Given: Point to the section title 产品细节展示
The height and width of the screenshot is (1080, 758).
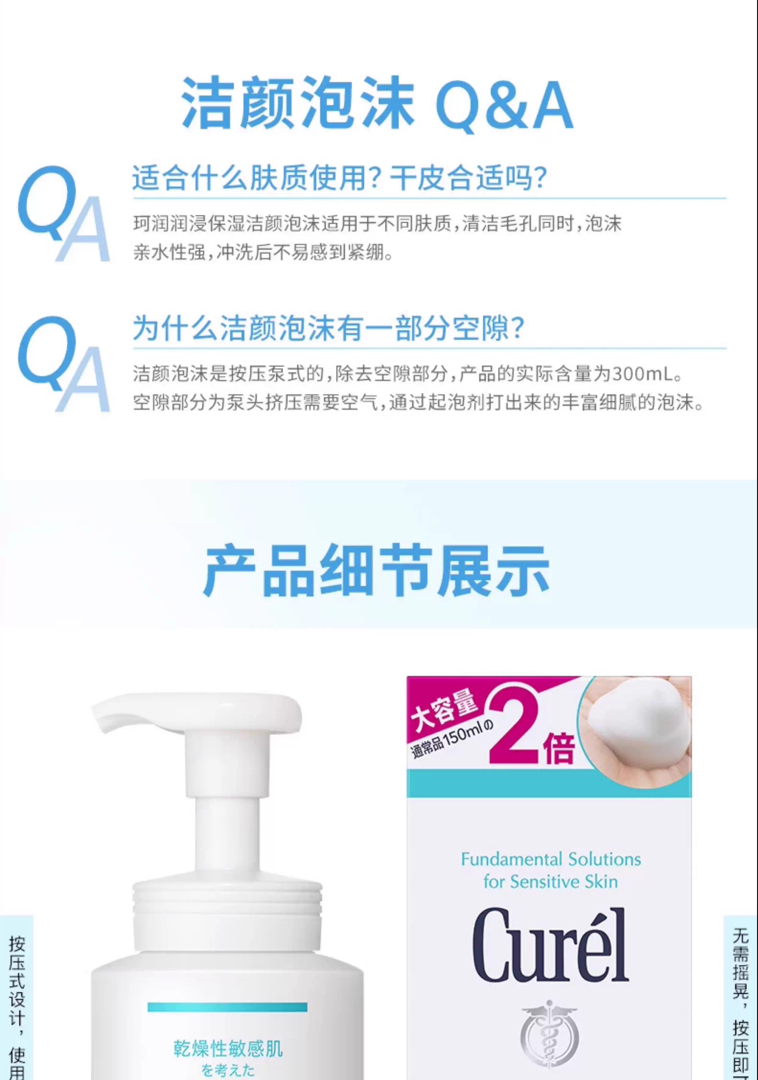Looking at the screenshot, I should [376, 571].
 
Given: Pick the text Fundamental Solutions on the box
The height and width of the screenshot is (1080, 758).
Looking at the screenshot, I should [550, 859].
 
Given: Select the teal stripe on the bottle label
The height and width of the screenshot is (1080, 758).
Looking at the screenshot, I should [227, 1007].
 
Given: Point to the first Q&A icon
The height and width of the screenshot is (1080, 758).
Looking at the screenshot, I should [63, 214].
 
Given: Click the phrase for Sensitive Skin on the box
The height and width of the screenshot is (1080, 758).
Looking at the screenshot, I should [550, 882].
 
